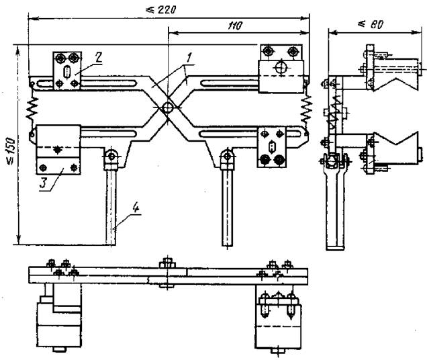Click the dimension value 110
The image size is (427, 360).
pyautogui.click(x=234, y=24)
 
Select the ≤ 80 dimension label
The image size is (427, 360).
pyautogui.click(x=370, y=24)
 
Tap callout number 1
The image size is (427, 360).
pyautogui.click(x=190, y=58)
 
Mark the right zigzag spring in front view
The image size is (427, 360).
pyautogui.click(x=309, y=107)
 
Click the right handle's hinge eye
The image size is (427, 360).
pyautogui.click(x=228, y=159)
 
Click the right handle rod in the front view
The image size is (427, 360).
pyautogui.click(x=228, y=201)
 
